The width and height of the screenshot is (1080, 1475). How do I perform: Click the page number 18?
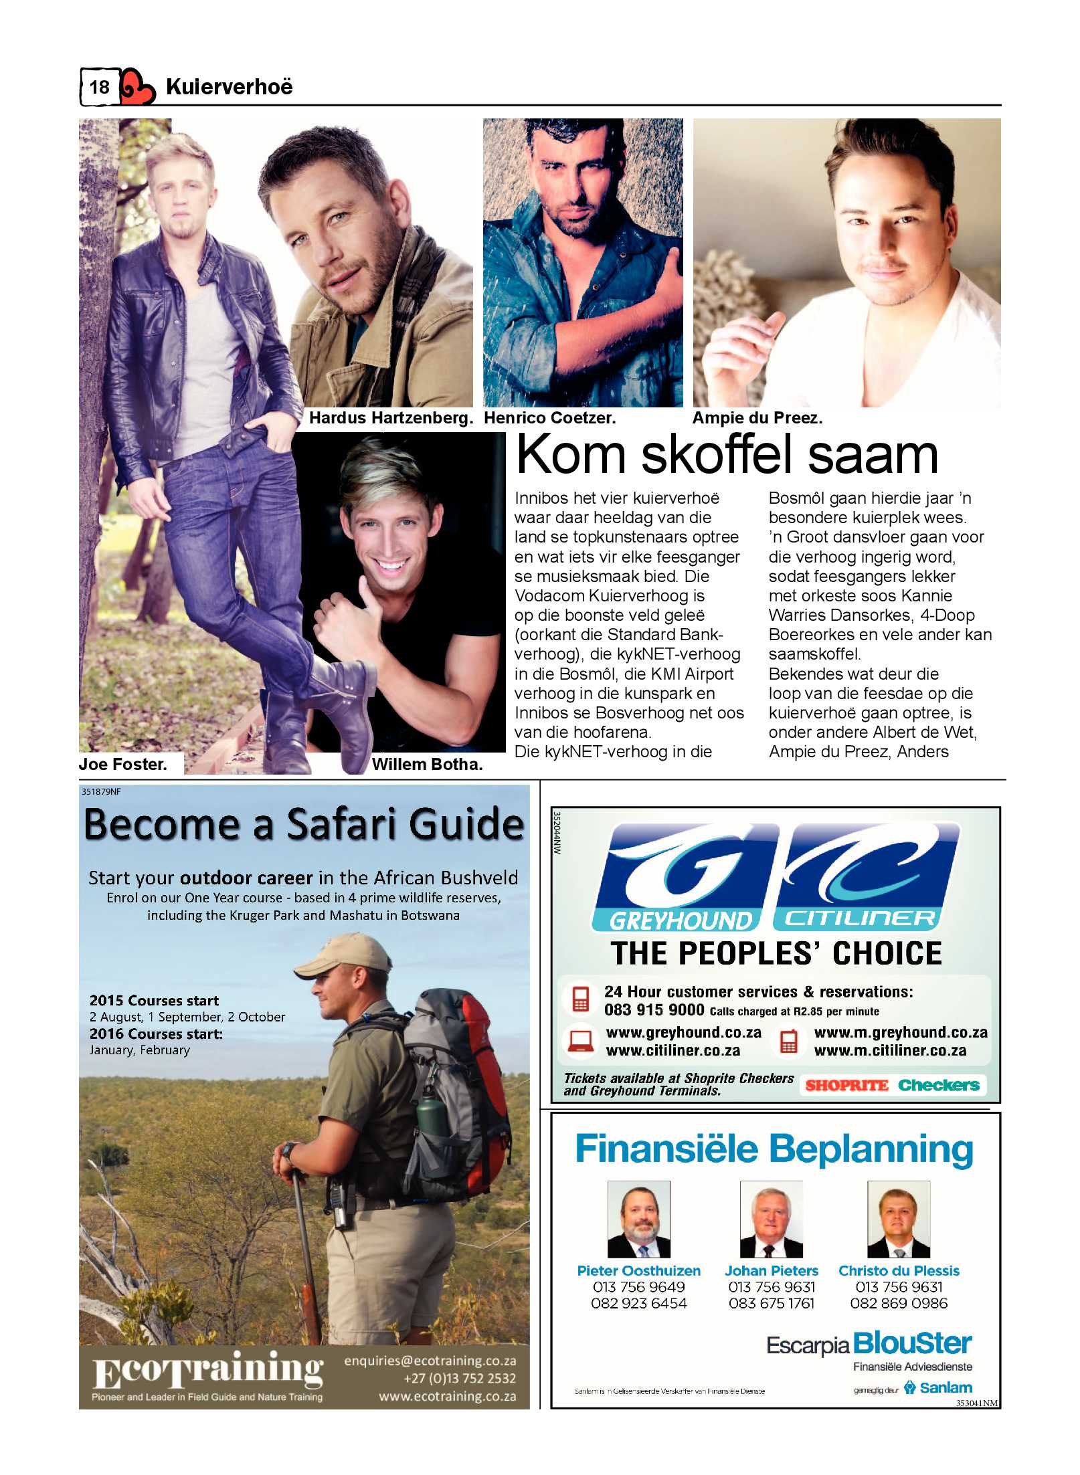[x=99, y=87]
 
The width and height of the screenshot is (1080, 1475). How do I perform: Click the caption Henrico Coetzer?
[x=549, y=418]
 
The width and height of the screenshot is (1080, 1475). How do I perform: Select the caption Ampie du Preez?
[x=757, y=418]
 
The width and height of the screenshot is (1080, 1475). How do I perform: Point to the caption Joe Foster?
[x=122, y=764]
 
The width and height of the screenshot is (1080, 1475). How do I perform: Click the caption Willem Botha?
[x=427, y=764]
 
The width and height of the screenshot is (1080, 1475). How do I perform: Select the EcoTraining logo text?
[x=208, y=1371]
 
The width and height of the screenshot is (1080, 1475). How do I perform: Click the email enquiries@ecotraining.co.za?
[x=430, y=1361]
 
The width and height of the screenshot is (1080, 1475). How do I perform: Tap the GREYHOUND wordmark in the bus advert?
[x=679, y=921]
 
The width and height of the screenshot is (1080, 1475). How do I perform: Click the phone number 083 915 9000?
[x=654, y=1010]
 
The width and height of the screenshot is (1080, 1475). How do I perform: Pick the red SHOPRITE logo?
[x=846, y=1085]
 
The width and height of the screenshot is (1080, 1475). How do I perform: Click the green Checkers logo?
[x=938, y=1085]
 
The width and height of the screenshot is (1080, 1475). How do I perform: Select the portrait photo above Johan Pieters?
[x=771, y=1219]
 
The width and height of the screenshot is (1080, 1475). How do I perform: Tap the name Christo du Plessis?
[x=899, y=1270]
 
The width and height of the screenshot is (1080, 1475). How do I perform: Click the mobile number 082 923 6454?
[x=638, y=1303]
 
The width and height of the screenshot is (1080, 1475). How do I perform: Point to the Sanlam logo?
[x=939, y=1387]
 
